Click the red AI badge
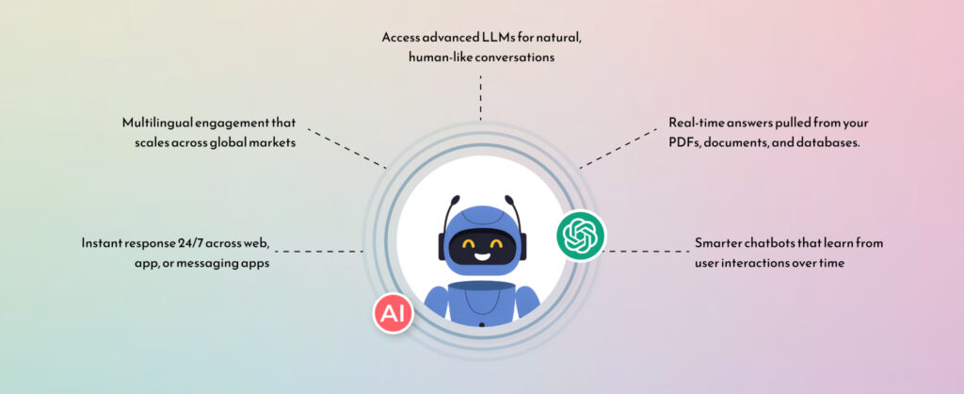[x=393, y=313]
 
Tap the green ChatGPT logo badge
[x=581, y=236]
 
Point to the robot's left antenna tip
[x=455, y=199]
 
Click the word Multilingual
[x=158, y=123]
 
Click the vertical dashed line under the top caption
[x=480, y=97]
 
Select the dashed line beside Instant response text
[x=318, y=251]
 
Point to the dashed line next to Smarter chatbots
[x=646, y=251]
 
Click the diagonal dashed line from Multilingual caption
[x=346, y=148]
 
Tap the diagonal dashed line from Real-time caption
[x=618, y=148]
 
